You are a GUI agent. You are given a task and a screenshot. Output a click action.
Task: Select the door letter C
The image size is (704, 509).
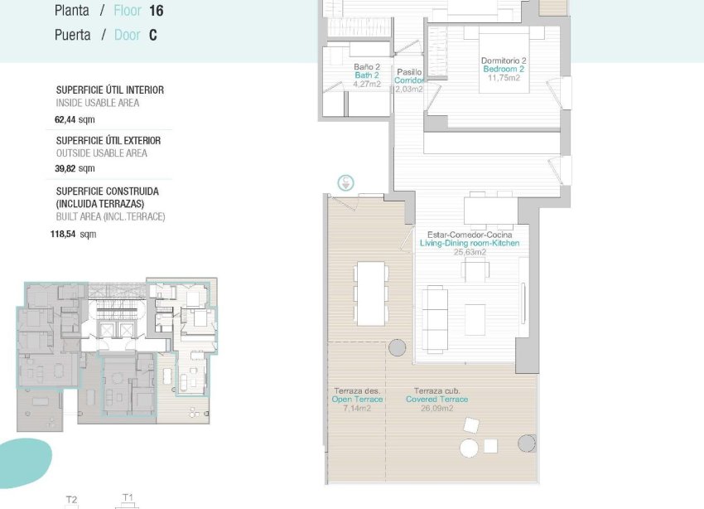pos(153,36)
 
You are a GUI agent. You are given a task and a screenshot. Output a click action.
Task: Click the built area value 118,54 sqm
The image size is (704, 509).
pos(73,234)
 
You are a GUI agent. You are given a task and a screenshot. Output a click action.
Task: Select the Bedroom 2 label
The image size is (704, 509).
pos(504,70)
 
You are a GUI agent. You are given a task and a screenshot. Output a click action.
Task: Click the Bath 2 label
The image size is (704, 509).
pos(366,75)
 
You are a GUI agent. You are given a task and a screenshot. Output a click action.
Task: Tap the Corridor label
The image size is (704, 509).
pos(409,80)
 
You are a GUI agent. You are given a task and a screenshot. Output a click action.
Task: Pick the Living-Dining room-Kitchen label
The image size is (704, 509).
pos(470,244)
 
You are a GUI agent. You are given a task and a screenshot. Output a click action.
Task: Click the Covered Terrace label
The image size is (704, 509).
pos(436,400)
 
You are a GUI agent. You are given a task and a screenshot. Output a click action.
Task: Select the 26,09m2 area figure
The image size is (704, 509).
pos(436,408)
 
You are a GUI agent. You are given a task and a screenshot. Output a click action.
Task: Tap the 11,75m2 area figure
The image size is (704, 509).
pos(504,79)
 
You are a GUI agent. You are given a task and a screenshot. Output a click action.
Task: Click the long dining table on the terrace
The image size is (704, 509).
pos(370,293)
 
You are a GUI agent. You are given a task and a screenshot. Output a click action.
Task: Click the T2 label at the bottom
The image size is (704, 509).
pos(71,499)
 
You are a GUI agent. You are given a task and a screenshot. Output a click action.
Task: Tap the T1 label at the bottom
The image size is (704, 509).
pos(128,497)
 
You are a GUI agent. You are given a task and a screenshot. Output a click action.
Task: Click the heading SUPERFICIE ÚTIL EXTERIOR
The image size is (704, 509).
pos(108,141)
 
